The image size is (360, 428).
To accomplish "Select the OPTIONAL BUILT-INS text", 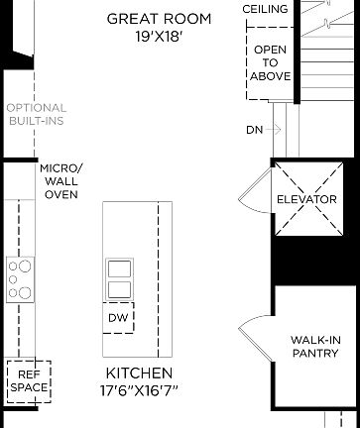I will (36, 115).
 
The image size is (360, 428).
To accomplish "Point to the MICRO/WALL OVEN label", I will (61, 181).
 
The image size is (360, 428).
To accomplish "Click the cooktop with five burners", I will (20, 278).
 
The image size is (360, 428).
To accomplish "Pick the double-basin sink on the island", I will (120, 278).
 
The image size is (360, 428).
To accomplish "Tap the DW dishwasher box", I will (117, 317).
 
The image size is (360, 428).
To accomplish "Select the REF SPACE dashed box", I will (28, 380).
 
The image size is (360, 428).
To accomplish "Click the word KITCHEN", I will (139, 374).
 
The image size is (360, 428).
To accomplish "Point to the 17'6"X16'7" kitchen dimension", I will (139, 392).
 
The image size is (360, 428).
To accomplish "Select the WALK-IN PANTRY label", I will (316, 346).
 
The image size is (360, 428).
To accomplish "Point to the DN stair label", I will (255, 130).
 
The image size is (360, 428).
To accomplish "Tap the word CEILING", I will (266, 9).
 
